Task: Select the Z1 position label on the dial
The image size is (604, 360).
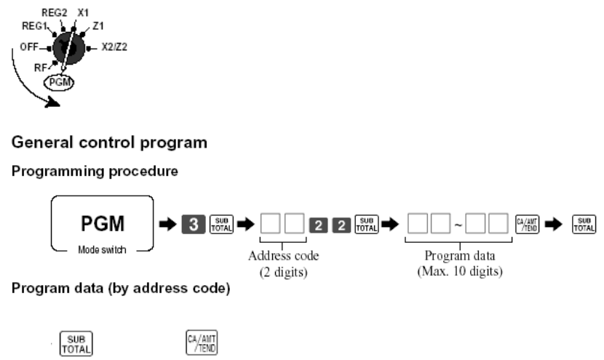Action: pos(99,26)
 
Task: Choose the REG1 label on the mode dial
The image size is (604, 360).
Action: pos(27,26)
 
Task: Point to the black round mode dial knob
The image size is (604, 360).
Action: pos(65,47)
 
